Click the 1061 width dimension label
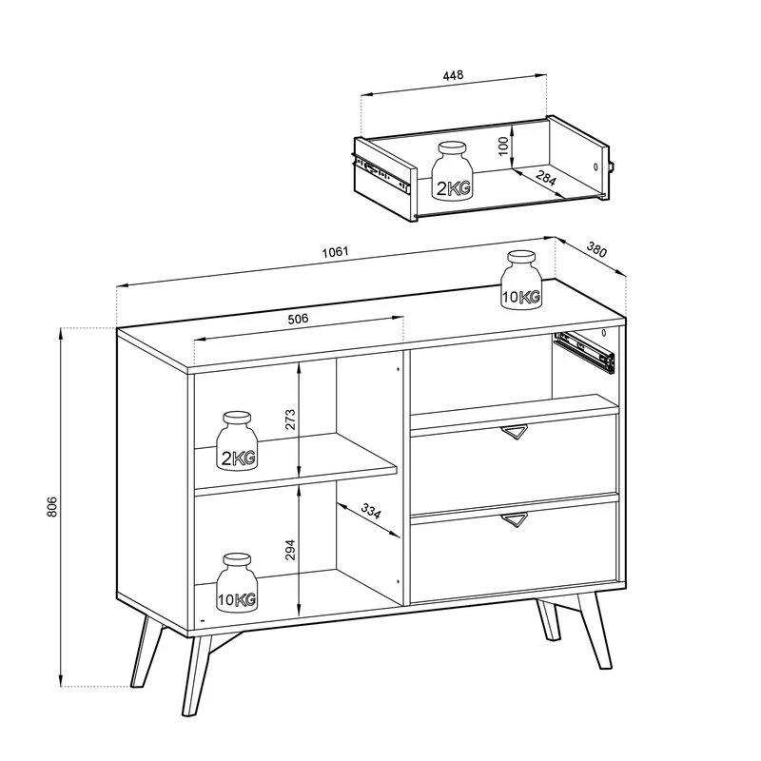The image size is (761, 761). click(336, 252)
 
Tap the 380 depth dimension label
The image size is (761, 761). click(596, 249)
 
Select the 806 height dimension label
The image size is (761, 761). click(52, 507)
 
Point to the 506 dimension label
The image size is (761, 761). click(298, 319)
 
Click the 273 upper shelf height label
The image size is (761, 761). click(290, 420)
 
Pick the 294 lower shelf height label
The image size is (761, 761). click(290, 550)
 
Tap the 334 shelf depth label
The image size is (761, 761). click(371, 511)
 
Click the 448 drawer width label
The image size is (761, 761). click(453, 75)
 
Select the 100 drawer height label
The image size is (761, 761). click(503, 146)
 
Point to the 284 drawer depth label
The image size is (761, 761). click(546, 178)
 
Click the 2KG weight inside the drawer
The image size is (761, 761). click(452, 170)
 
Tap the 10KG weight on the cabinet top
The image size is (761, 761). click(521, 279)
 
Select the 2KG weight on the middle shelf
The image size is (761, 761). click(237, 440)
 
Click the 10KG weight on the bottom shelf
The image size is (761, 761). click(237, 582)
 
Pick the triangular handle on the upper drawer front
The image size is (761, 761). click(514, 432)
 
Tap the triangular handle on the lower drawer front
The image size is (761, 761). click(514, 518)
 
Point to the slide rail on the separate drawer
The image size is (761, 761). click(382, 171)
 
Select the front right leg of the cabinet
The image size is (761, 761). click(595, 631)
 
